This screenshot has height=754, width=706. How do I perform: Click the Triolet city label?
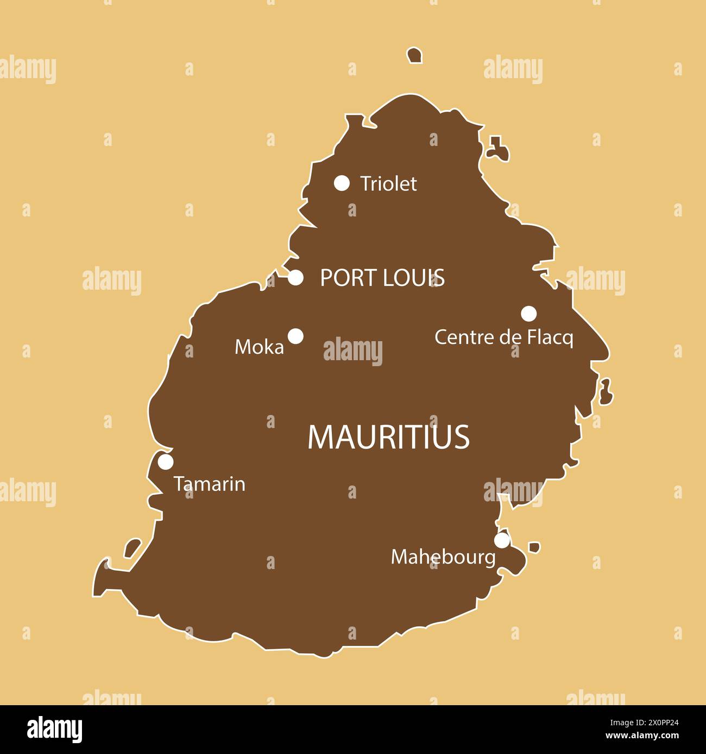(388, 184)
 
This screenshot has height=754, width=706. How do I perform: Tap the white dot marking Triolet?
(342, 183)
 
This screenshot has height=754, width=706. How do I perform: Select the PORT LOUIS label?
(382, 278)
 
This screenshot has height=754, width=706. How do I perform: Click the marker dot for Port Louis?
(295, 278)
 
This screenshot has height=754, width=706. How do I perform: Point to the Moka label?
(259, 347)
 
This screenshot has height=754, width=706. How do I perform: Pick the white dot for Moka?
(295, 336)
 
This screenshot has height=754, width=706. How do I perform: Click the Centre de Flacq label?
(503, 337)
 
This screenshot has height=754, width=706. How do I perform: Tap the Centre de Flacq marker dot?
(529, 314)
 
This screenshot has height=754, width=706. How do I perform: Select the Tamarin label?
(210, 484)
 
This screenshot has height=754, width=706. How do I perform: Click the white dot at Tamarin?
(166, 462)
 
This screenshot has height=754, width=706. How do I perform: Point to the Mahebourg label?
(443, 557)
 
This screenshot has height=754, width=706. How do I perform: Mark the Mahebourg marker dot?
(502, 540)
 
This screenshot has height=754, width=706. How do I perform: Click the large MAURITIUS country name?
(388, 437)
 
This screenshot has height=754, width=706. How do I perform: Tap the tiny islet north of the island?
(415, 55)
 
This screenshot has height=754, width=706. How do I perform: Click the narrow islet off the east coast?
(606, 392)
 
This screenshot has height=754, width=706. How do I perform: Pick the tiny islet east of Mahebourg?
(534, 547)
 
